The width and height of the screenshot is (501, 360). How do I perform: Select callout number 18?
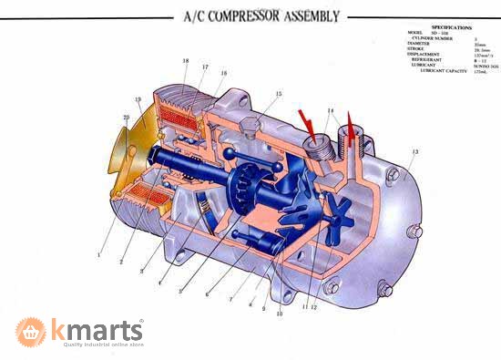click(x=185, y=61)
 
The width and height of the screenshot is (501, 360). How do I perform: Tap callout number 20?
click(x=127, y=118)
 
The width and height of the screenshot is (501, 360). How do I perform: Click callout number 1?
click(x=99, y=256)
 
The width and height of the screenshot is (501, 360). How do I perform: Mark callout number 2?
click(x=121, y=262)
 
